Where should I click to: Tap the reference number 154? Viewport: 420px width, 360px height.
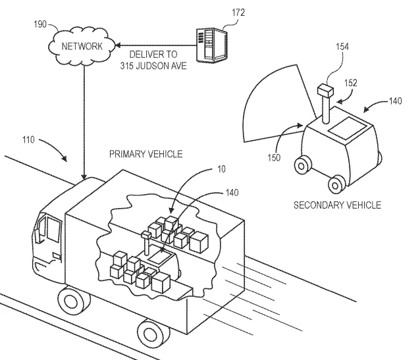click(342, 47)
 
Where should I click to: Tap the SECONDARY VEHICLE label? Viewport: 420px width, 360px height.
click(337, 205)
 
